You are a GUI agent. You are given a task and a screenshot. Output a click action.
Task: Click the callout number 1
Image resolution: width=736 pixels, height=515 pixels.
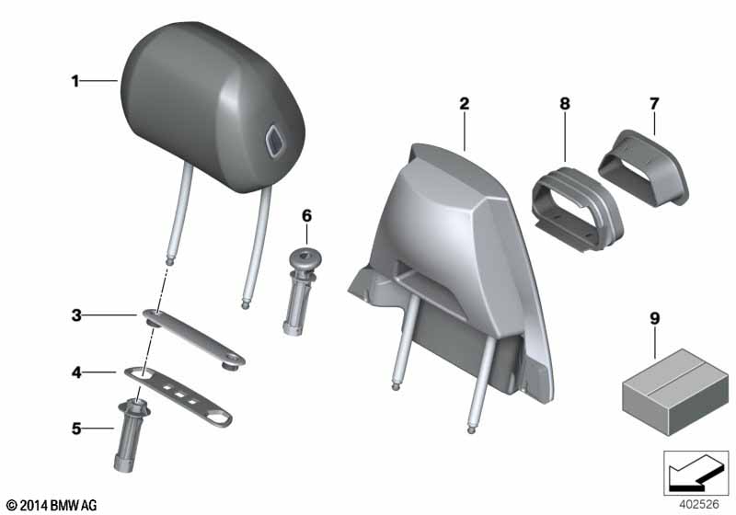(x=75, y=81)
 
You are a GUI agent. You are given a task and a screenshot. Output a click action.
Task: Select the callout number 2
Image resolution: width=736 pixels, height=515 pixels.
(x=465, y=104)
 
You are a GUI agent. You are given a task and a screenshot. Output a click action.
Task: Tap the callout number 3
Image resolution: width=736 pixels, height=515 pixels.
(x=76, y=315)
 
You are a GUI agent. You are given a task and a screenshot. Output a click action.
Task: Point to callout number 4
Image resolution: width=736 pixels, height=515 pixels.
(x=76, y=372)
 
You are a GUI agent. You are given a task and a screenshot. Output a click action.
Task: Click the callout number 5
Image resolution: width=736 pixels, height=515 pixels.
(x=76, y=429)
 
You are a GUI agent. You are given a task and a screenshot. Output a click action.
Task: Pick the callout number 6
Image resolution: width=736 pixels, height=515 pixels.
(x=306, y=216)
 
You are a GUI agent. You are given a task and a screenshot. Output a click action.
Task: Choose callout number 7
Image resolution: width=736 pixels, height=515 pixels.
(x=654, y=104)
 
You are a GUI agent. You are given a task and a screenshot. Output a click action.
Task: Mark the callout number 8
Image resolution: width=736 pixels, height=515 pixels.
(x=565, y=104)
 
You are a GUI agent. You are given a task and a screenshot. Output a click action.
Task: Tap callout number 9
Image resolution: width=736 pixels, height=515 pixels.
(x=655, y=318)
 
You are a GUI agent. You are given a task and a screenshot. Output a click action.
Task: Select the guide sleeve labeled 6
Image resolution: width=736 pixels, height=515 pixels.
(x=299, y=291)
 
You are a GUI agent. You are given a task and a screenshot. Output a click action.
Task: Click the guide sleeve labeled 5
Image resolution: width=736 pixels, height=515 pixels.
(x=130, y=434)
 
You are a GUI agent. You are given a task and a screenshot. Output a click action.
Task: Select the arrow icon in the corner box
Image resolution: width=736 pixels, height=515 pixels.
(x=695, y=472)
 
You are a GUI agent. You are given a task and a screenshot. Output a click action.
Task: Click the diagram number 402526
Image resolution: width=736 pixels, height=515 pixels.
(x=698, y=504)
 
